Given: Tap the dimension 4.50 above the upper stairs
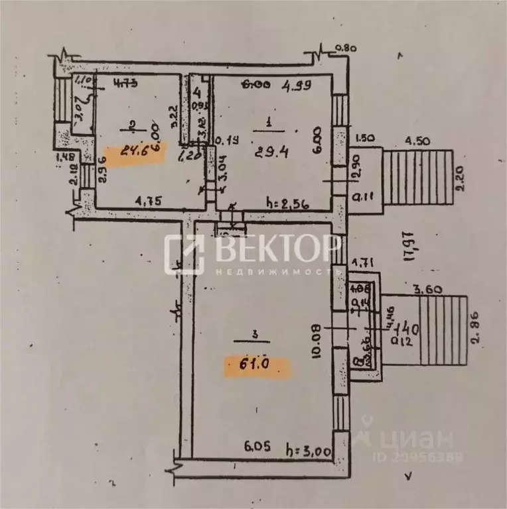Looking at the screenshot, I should [417, 140].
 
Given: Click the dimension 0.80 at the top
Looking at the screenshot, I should [346, 48].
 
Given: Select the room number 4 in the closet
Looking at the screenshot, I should [196, 92].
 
